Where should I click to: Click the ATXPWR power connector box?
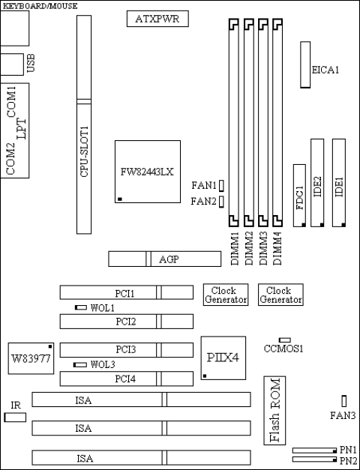click(157, 19)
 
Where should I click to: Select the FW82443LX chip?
click(148, 171)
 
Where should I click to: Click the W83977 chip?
click(30, 358)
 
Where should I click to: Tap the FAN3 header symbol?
click(343, 401)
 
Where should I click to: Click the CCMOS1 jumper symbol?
click(284, 340)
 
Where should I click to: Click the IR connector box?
click(15, 415)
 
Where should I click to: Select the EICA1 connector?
click(305, 65)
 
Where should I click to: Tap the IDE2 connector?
click(318, 182)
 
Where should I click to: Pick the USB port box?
click(12, 64)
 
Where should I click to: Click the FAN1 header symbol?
click(222, 184)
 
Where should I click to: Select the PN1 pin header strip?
click(314, 451)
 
